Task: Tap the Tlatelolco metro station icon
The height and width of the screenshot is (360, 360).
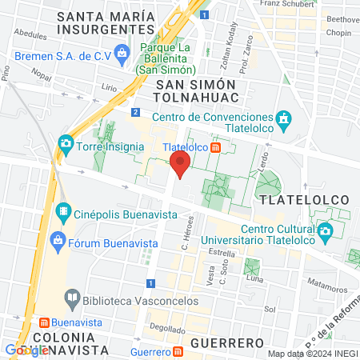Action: point(216,147)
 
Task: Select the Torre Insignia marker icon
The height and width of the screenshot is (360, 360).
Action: point(65,146)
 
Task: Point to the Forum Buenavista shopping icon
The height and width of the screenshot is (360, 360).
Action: point(57,240)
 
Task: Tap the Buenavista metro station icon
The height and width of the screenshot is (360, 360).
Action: point(45,323)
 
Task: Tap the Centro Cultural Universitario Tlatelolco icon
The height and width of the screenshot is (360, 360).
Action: point(325,233)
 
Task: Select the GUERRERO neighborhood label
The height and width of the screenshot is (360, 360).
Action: point(227,342)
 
